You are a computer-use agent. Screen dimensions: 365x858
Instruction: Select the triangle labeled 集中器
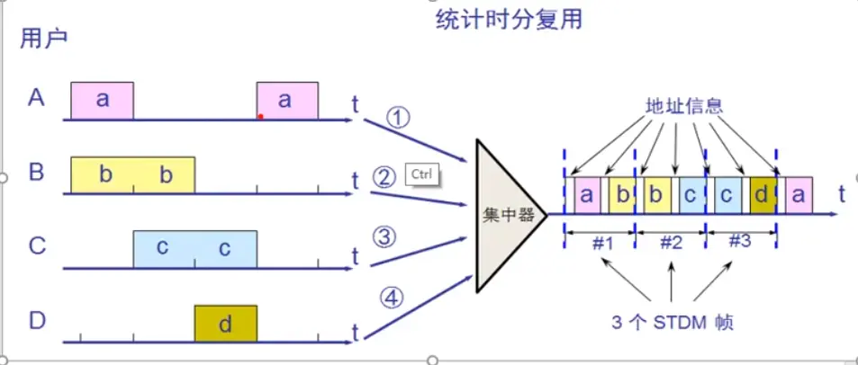click(504, 217)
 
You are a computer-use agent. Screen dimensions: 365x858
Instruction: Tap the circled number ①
click(398, 117)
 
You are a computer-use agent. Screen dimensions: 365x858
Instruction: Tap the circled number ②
click(384, 176)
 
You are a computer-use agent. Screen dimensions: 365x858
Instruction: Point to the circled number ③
click(384, 236)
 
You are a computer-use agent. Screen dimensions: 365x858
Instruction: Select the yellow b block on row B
click(133, 174)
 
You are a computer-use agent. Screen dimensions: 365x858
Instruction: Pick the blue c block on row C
click(194, 249)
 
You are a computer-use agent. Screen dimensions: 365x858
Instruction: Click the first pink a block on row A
click(103, 100)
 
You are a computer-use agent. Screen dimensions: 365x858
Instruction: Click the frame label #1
click(601, 243)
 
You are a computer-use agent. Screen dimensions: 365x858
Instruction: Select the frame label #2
click(670, 243)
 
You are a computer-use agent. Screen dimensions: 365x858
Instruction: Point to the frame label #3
click(739, 243)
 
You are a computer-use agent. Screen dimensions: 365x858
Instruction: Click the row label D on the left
click(36, 319)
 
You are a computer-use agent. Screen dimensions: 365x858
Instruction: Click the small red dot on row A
click(260, 116)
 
